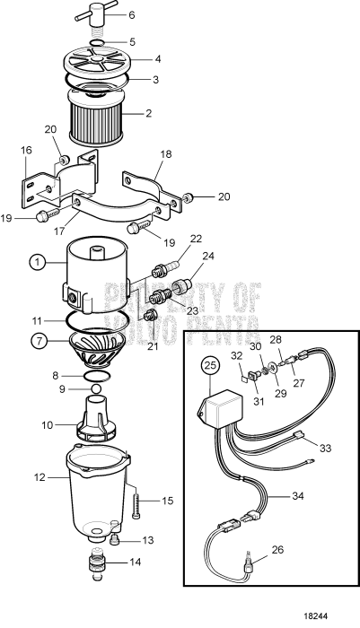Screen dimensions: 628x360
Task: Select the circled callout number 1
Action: click(36, 263)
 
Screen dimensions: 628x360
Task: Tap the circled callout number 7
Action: click(36, 341)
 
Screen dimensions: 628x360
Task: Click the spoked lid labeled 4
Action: click(101, 64)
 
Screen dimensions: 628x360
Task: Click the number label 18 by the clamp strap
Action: click(164, 154)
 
